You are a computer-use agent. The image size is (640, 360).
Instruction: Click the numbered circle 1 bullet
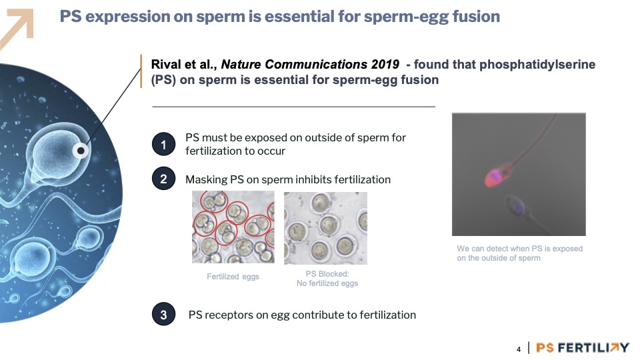164,144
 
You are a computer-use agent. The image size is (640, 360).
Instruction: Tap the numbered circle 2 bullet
164,179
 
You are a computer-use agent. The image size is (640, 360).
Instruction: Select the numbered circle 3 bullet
164,314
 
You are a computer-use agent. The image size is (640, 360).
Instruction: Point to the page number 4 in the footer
519,349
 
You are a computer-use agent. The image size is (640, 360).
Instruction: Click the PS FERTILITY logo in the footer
583,348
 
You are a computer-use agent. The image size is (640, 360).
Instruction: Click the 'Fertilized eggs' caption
233,277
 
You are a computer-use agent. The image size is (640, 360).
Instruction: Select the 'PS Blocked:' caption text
327,274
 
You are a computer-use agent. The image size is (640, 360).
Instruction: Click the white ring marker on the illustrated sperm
81,151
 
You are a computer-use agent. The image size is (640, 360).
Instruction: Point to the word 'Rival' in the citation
165,65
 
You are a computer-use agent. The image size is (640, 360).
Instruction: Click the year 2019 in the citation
385,65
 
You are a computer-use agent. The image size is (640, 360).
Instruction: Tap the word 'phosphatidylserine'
537,65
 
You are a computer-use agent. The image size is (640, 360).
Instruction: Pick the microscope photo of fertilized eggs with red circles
233,227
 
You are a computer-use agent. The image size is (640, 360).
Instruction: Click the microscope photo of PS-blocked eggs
326,228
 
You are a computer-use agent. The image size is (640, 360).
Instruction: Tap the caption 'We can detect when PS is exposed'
519,249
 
